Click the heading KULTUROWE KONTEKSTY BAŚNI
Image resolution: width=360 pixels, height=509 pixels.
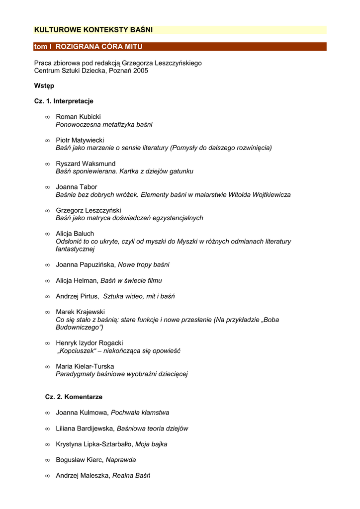[93, 30]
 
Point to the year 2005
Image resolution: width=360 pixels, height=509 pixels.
[141, 71]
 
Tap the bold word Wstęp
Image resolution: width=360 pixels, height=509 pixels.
[44, 86]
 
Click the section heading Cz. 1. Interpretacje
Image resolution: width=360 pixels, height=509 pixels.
[64, 101]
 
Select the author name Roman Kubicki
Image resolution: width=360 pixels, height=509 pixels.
[78, 117]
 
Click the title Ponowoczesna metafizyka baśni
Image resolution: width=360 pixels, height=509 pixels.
[104, 125]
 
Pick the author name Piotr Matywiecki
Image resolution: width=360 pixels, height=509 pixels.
[80, 140]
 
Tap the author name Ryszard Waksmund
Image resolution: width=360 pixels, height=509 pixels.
[86, 164]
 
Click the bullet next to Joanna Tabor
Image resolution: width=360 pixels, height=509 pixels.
[47, 187]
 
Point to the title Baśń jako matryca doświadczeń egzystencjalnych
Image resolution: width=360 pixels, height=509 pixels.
[129, 218]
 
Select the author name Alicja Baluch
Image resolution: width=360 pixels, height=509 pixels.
[75, 234]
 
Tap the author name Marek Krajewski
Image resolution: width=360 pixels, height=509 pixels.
[80, 312]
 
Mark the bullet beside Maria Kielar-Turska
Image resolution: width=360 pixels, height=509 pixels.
[47, 367]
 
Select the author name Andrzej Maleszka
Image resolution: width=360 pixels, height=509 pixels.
[83, 476]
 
